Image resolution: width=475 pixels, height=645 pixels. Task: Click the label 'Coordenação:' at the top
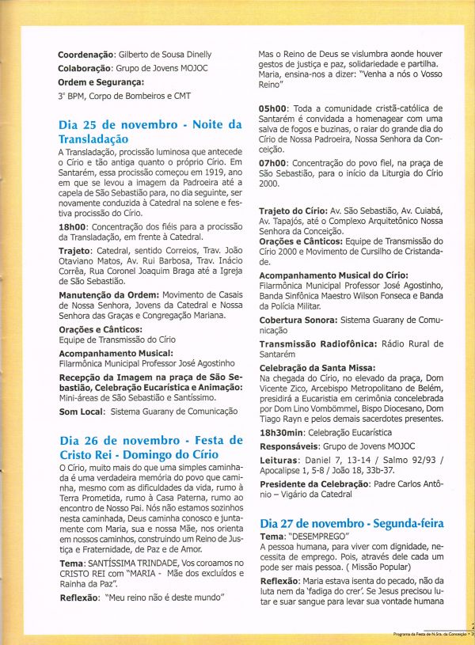coord(86,55)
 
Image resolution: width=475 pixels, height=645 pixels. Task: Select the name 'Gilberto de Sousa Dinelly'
coord(165,55)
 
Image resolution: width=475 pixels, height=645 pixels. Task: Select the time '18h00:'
coord(74,226)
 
